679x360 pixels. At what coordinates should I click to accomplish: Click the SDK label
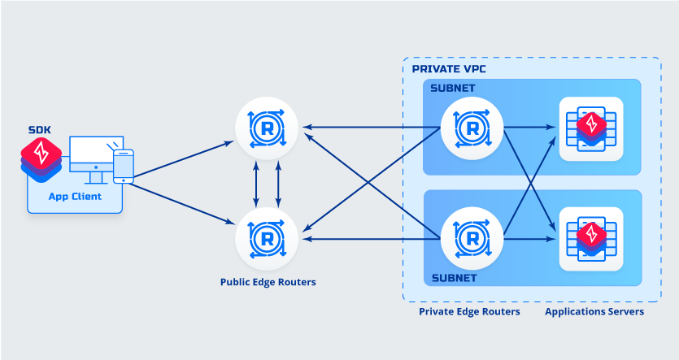coord(39,129)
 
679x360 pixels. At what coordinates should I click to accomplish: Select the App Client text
coord(75,196)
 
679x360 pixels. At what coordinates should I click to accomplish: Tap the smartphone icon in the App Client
coord(123,167)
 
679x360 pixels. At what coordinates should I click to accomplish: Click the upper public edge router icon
coord(267,127)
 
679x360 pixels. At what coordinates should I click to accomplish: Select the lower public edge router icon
coord(267,238)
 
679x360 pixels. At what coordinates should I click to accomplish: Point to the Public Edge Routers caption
coord(268,283)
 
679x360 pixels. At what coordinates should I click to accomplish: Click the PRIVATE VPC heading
coord(449,69)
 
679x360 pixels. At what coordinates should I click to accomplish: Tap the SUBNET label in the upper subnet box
coord(453,88)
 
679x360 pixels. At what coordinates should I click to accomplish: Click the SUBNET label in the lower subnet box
coord(453,278)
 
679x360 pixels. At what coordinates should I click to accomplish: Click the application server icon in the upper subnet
coord(590,128)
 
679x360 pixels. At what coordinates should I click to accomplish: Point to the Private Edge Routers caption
coord(469,311)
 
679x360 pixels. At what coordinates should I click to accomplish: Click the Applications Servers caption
coord(594,311)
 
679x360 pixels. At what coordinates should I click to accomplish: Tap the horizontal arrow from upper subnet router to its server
coord(530,127)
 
